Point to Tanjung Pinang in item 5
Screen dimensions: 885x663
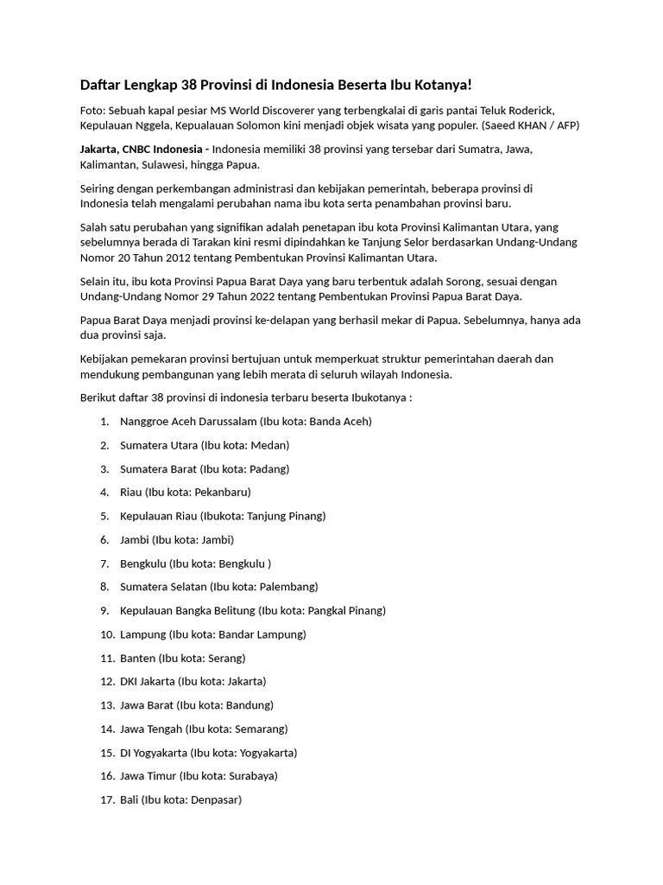pos(284,516)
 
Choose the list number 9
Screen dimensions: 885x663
pos(104,610)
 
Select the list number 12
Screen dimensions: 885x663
pos(107,681)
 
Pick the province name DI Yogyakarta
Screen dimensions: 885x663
pos(154,752)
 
